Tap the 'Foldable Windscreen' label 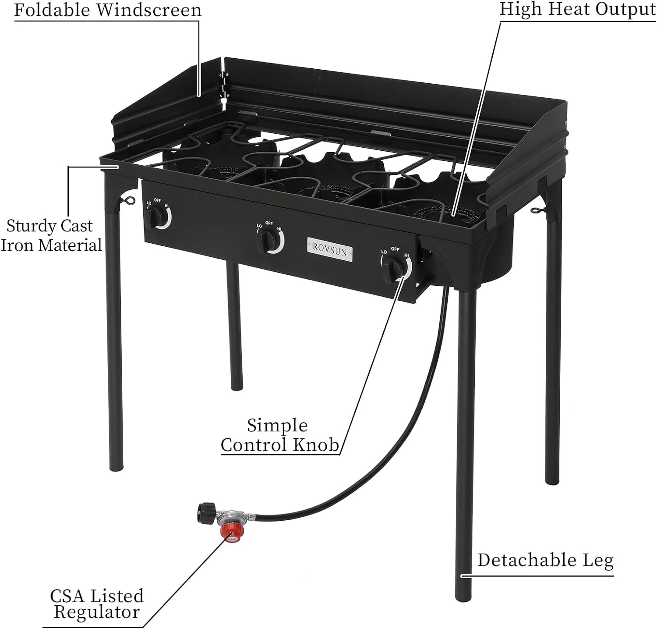point(108,10)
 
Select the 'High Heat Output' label point(578,9)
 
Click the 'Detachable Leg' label point(545,560)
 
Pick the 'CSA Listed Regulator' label point(96,604)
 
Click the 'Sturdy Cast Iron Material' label point(51,235)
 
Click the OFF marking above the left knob point(158,200)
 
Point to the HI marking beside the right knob point(406,255)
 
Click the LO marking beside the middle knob point(259,226)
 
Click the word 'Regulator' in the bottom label point(96,612)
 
